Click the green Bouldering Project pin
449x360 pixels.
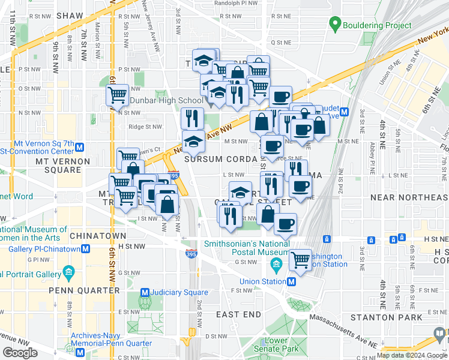tap(335, 25)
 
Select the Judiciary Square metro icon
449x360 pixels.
tap(144, 293)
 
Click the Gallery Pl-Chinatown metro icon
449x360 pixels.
tap(86, 249)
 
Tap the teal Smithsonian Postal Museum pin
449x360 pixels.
tap(277, 264)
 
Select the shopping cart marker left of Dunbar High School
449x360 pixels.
tap(117, 94)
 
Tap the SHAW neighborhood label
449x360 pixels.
tap(70, 16)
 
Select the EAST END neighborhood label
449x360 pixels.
tap(238, 314)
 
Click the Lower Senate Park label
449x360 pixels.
tap(282, 344)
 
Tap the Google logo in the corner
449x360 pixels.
tap(20, 353)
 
